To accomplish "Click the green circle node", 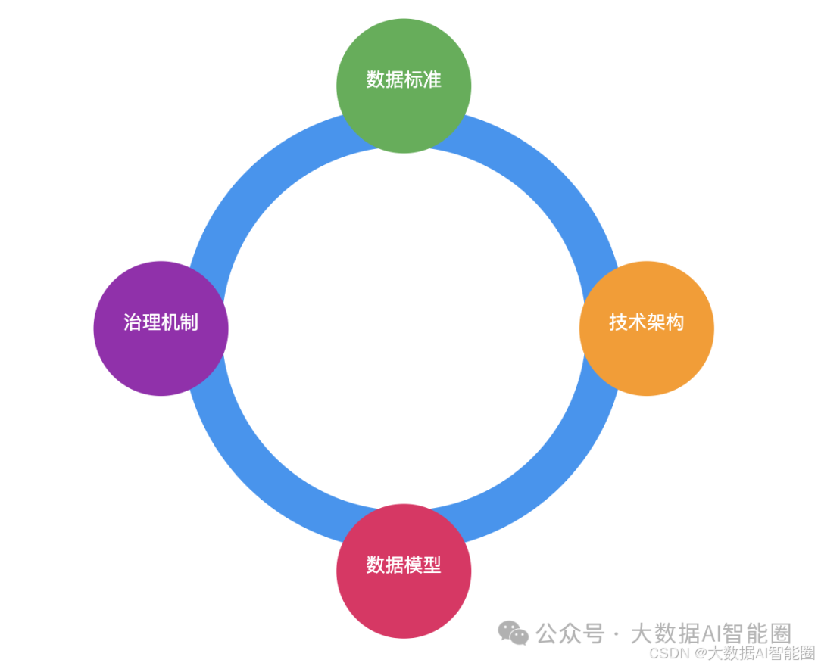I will pyautogui.click(x=404, y=106).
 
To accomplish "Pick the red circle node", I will pyautogui.click(x=404, y=598).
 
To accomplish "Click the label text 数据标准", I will pyautogui.click(x=404, y=79).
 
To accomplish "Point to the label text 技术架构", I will pyautogui.click(x=646, y=322).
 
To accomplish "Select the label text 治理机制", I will pyautogui.click(x=161, y=322).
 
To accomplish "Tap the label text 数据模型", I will pyautogui.click(x=404, y=565).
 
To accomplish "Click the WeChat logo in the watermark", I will pyautogui.click(x=514, y=633).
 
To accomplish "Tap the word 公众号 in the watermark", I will pyautogui.click(x=570, y=633).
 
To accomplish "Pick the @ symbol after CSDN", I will pyautogui.click(x=701, y=653).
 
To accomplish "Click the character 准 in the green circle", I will pyautogui.click(x=432, y=79).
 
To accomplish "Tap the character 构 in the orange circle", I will pyautogui.click(x=674, y=322).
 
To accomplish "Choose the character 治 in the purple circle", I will pyautogui.click(x=133, y=322).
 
